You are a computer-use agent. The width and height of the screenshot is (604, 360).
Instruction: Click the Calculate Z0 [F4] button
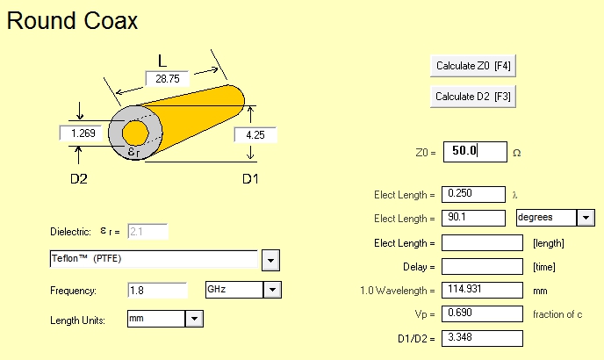click(472, 66)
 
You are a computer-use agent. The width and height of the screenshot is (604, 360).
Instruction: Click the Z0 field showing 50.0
click(475, 152)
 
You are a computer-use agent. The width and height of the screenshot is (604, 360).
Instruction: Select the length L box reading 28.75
click(167, 79)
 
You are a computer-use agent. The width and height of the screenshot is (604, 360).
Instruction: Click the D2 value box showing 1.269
click(81, 133)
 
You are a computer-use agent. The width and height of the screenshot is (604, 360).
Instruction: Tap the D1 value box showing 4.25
click(255, 135)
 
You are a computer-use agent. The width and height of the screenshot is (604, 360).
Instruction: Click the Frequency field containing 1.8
click(157, 291)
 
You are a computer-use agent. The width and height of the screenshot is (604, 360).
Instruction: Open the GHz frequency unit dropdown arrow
click(272, 290)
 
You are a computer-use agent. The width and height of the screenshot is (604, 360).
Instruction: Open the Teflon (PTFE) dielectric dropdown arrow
click(270, 261)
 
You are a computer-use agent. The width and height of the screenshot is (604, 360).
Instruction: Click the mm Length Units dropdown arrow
click(194, 319)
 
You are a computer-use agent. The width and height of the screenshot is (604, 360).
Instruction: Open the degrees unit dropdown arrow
click(586, 218)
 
